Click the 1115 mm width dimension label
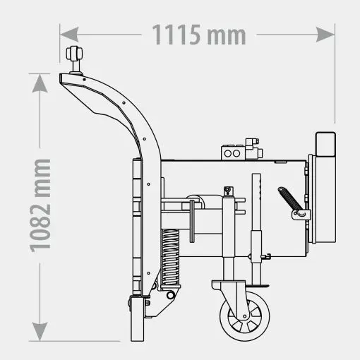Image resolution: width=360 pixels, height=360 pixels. (x=199, y=35)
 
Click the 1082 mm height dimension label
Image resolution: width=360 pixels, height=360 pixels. (x=40, y=205)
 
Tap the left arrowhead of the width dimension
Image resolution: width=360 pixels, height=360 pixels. (x=69, y=35)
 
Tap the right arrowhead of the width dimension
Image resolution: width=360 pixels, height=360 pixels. (x=325, y=35)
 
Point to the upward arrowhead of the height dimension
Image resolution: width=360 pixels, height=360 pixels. (x=40, y=83)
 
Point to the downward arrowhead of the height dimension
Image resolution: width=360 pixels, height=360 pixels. (x=40, y=332)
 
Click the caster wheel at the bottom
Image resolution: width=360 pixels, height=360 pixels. (x=245, y=316)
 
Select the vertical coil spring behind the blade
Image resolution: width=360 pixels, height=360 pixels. (x=170, y=257)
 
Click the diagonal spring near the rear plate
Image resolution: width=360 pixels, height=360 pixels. (x=290, y=199)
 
